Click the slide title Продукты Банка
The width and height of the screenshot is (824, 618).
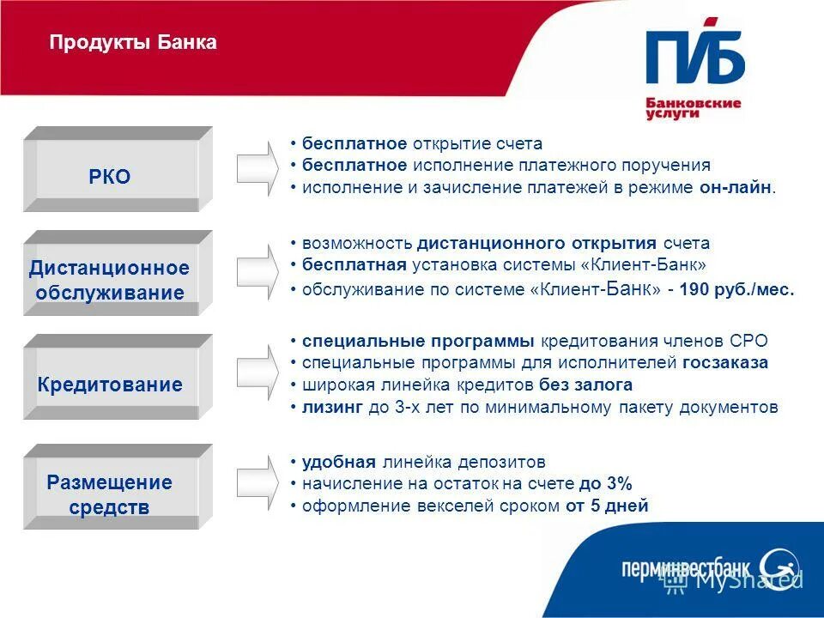pos(133,42)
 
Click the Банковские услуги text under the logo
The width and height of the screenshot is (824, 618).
pos(693,108)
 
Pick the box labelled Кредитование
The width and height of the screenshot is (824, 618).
pos(111,385)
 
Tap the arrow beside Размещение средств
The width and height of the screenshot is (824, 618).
pos(257,486)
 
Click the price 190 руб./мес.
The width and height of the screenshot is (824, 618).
pos(736,290)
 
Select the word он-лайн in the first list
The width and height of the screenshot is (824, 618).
pos(735,187)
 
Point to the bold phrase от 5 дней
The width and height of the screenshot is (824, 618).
pos(607,506)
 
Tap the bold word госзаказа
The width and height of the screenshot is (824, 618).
pos(725,363)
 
